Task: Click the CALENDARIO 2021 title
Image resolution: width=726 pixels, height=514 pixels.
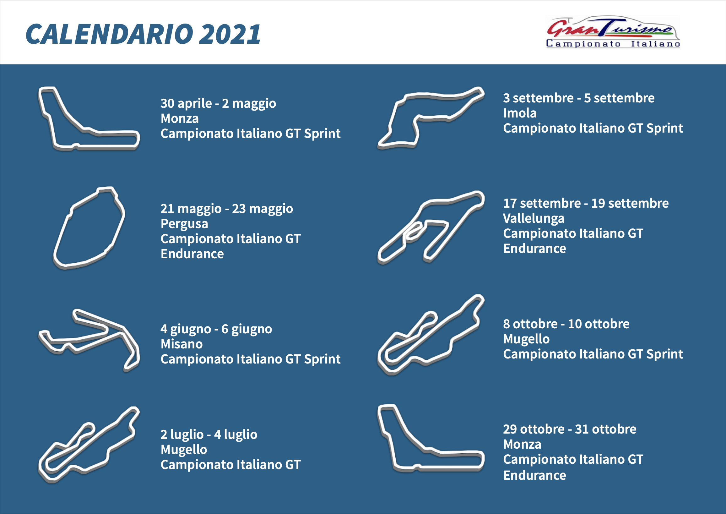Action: click(143, 34)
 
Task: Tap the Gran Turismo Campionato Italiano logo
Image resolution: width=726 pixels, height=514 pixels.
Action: click(613, 32)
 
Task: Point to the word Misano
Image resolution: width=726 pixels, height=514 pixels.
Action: click(181, 344)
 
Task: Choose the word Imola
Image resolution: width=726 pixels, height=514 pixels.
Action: click(520, 113)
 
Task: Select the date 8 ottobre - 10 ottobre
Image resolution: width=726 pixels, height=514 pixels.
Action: click(566, 324)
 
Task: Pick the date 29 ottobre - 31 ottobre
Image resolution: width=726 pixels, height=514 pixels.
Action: click(570, 429)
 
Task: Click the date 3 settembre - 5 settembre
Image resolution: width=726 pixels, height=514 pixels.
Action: click(579, 98)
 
